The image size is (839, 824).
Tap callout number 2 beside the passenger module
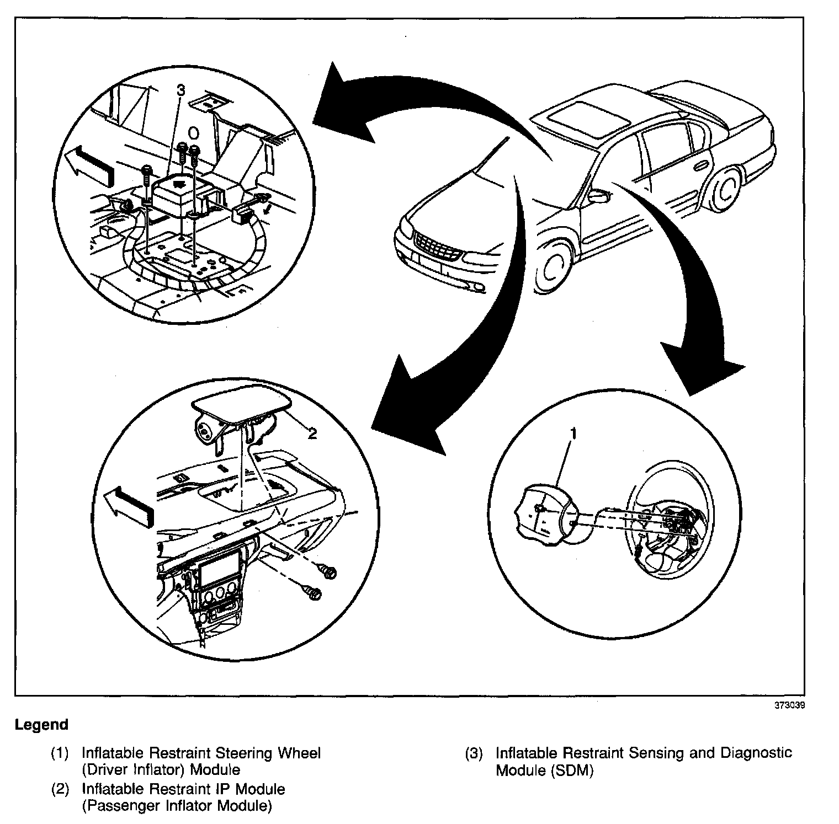coord(312,434)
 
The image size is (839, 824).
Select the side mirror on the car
coord(598,195)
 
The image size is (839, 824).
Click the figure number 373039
coord(789,705)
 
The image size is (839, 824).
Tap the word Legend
coord(42,724)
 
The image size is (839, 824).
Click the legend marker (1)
coord(60,753)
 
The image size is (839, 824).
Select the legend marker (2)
coord(60,789)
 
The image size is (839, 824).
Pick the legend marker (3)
coord(474,753)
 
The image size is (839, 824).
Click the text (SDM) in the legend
coord(572,771)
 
